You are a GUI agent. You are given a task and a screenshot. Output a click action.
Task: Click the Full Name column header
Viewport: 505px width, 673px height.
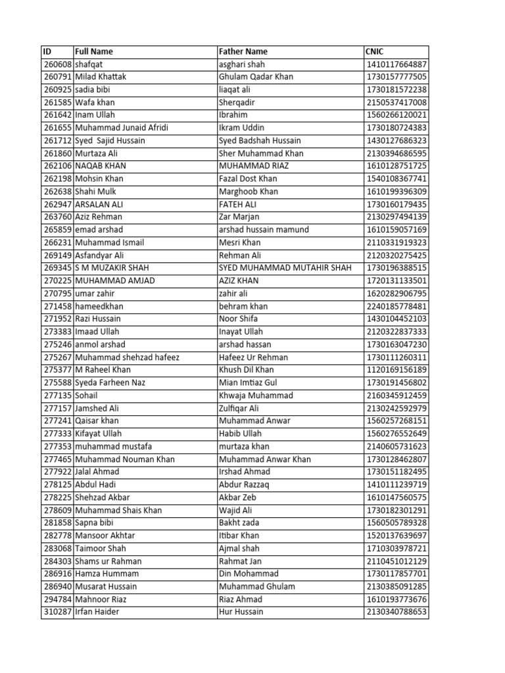click(94, 51)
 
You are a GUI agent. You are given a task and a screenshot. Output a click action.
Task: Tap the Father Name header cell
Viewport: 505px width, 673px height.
click(243, 51)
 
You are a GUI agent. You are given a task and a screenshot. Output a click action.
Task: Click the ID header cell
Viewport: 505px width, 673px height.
click(47, 51)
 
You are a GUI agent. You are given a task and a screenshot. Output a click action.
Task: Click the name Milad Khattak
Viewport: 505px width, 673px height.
click(101, 77)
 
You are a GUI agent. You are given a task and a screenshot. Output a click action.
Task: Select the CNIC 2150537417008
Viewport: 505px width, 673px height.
click(397, 103)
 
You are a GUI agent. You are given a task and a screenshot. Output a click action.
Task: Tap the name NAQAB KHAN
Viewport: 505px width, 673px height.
click(101, 166)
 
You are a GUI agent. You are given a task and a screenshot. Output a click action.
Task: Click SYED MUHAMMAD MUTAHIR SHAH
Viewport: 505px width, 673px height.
click(285, 268)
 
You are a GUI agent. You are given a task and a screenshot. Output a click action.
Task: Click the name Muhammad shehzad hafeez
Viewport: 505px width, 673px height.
click(127, 358)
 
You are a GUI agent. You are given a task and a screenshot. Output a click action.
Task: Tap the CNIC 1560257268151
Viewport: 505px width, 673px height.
click(397, 421)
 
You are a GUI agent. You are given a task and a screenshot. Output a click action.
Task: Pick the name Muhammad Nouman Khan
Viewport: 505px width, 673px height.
click(125, 459)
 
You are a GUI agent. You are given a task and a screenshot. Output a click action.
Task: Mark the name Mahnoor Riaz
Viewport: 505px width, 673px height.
click(101, 599)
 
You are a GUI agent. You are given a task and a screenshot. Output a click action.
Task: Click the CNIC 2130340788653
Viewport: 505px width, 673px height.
click(397, 612)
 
